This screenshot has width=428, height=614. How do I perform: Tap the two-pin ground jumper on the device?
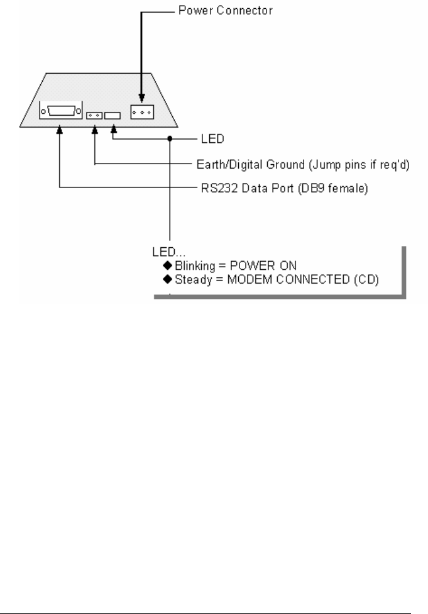pos(95,116)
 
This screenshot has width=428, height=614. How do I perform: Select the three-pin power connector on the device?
pos(141,111)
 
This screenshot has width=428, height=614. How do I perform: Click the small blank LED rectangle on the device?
pos(113,116)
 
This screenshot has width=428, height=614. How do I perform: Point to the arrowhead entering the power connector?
pos(141,99)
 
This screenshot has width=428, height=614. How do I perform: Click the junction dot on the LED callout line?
pos(170,139)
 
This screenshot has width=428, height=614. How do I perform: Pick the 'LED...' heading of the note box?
pos(165,252)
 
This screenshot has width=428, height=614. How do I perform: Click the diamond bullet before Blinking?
pos(167,265)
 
